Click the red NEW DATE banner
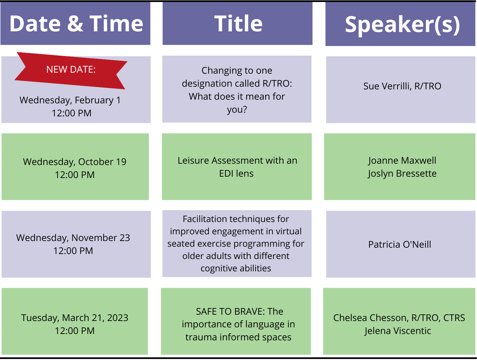point(71,71)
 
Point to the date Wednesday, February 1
point(70,100)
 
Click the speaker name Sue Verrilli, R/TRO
point(402,86)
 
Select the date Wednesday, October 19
point(74,162)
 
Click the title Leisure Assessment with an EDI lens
point(237,167)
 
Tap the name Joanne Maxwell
point(402,161)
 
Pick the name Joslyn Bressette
point(402,174)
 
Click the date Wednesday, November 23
point(73,238)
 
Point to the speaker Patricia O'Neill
point(400,244)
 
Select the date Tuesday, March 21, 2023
point(74,318)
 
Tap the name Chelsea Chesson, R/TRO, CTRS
point(399,318)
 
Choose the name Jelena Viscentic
point(398,331)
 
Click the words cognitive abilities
point(236,268)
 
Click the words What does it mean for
point(236,96)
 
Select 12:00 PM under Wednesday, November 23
point(73,251)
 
